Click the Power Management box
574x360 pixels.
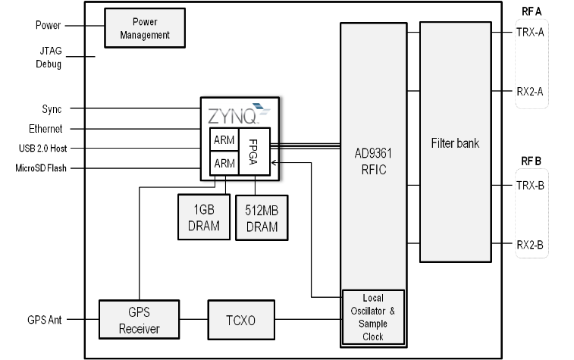tap(145, 28)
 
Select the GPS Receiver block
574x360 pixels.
tap(139, 320)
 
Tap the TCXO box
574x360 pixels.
tap(241, 320)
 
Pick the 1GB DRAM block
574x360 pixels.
tap(204, 218)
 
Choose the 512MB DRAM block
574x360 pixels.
tap(262, 218)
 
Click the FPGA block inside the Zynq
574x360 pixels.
tap(255, 152)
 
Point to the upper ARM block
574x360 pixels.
tap(224, 139)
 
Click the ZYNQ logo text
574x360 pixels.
tap(233, 116)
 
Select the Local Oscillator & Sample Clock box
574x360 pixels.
tap(373, 318)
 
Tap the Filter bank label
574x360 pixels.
tap(455, 143)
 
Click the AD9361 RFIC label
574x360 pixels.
tap(373, 161)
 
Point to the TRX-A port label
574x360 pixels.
tap(530, 32)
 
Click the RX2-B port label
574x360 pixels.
tap(530, 244)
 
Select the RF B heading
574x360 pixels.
tap(532, 161)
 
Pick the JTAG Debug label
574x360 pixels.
tap(49, 58)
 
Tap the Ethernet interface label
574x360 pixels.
tap(45, 129)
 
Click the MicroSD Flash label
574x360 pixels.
tap(41, 168)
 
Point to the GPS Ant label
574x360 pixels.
tap(45, 320)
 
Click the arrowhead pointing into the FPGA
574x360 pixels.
tap(274, 163)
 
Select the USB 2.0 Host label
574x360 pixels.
tap(42, 149)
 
